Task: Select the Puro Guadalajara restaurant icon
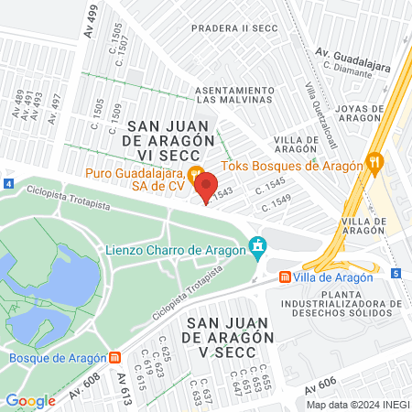194,174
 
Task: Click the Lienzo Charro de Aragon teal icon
258,247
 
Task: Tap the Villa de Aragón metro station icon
286,276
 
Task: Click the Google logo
30,400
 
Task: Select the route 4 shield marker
8,184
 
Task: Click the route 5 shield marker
396,273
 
